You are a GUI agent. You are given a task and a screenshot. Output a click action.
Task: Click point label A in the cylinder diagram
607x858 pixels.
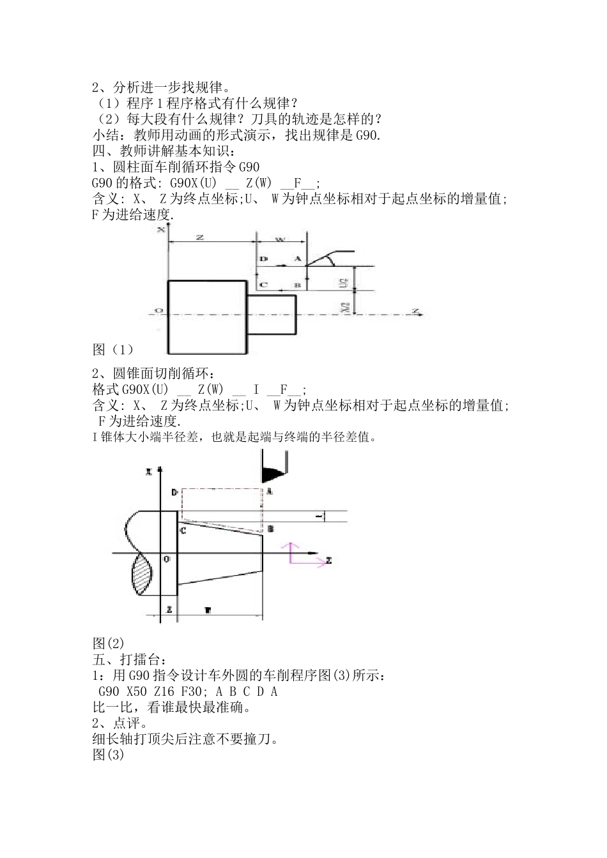297,259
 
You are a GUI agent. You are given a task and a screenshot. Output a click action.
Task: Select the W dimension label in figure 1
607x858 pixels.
280,239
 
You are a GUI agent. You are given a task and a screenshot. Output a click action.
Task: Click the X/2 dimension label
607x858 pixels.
344,307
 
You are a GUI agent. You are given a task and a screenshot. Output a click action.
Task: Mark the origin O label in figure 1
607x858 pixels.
159,311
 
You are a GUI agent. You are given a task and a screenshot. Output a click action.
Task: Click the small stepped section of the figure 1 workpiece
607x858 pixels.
272,314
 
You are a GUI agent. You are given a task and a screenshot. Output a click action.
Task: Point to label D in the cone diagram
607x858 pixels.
174,492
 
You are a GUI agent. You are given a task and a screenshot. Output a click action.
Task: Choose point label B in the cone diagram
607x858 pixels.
270,529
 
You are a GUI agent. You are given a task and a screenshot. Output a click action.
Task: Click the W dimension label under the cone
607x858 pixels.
208,610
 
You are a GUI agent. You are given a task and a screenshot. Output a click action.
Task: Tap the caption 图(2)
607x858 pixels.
108,643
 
